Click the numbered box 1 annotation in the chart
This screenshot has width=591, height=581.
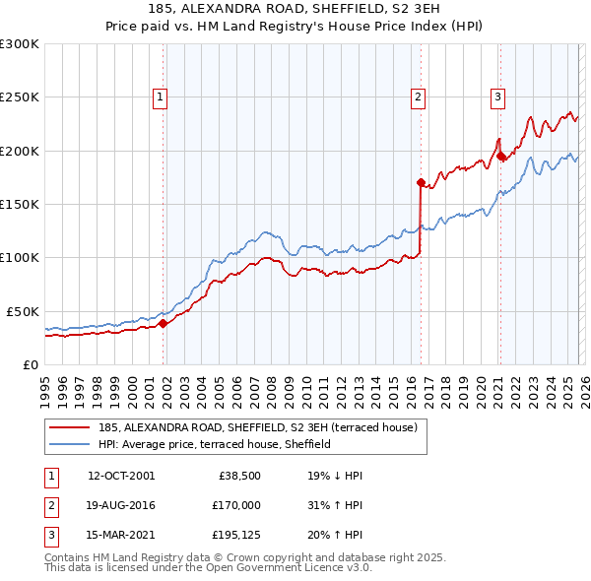coord(160,97)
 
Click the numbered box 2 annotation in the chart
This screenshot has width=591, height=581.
coord(419,97)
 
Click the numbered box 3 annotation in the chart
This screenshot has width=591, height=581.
coord(498,97)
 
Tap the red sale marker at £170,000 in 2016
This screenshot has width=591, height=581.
coord(421,182)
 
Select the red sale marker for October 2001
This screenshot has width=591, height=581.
coord(163,322)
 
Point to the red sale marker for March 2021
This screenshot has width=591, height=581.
coord(500,156)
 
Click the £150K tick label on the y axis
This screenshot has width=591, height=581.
coord(20,204)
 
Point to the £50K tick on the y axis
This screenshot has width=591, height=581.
coord(23,311)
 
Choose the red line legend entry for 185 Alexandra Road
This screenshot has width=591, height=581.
coord(258,427)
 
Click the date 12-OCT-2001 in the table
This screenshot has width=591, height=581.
coord(121,475)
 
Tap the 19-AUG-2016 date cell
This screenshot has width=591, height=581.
coord(121,505)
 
